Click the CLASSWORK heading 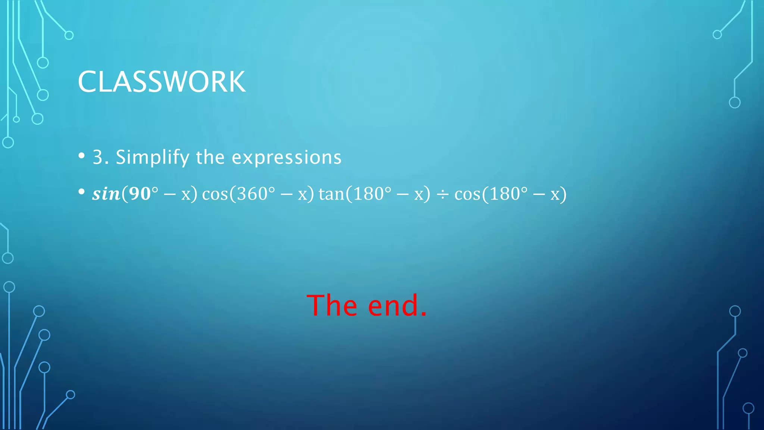[162, 82]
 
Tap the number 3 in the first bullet [98, 157]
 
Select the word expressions [286, 158]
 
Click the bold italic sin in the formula [106, 194]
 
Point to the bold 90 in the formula [140, 194]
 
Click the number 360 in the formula [253, 194]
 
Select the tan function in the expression [331, 194]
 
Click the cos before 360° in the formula [215, 194]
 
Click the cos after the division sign [467, 194]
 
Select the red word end [393, 305]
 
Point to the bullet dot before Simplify [82, 156]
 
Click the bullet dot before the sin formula [82, 192]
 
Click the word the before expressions [210, 157]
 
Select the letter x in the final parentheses [555, 195]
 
